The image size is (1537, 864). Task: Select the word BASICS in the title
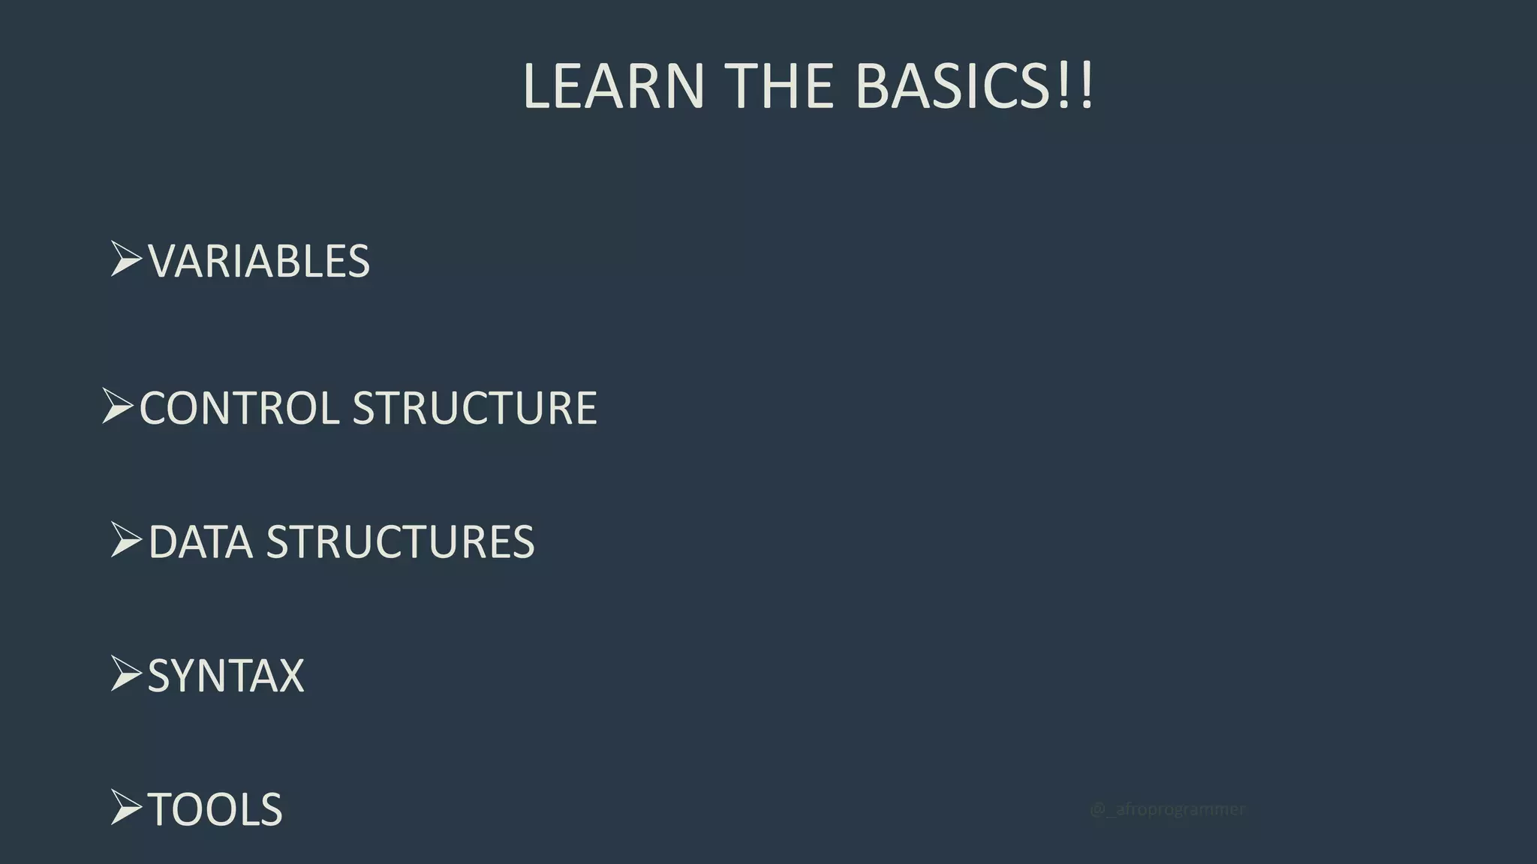(952, 86)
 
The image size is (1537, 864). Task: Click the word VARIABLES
(259, 261)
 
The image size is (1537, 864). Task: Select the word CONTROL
(239, 408)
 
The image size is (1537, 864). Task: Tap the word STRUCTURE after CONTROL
(474, 408)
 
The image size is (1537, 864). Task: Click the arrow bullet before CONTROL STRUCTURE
(117, 406)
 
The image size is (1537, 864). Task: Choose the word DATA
(200, 541)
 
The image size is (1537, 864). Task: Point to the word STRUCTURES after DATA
(400, 541)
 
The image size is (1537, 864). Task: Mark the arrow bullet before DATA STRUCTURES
(125, 539)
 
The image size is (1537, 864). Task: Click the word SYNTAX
(226, 676)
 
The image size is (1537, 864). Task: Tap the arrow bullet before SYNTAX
(125, 673)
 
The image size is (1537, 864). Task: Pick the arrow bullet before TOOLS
(125, 807)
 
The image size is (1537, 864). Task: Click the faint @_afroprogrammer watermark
(1167, 809)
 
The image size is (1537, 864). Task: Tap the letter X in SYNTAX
(288, 676)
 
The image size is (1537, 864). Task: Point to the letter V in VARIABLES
(164, 261)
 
